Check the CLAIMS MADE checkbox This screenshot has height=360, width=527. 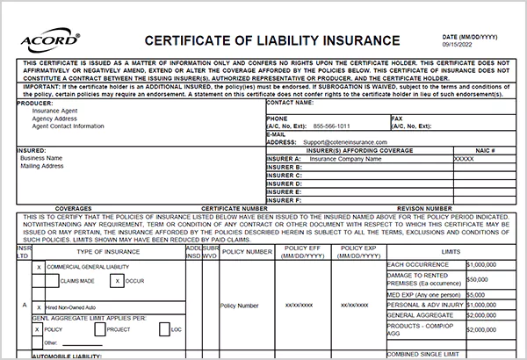[51, 281]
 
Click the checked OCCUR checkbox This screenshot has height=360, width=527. [116, 281]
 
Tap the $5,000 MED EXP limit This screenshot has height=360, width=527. [477, 294]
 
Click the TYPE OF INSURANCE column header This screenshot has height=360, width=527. [107, 251]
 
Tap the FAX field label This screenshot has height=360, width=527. [397, 118]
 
